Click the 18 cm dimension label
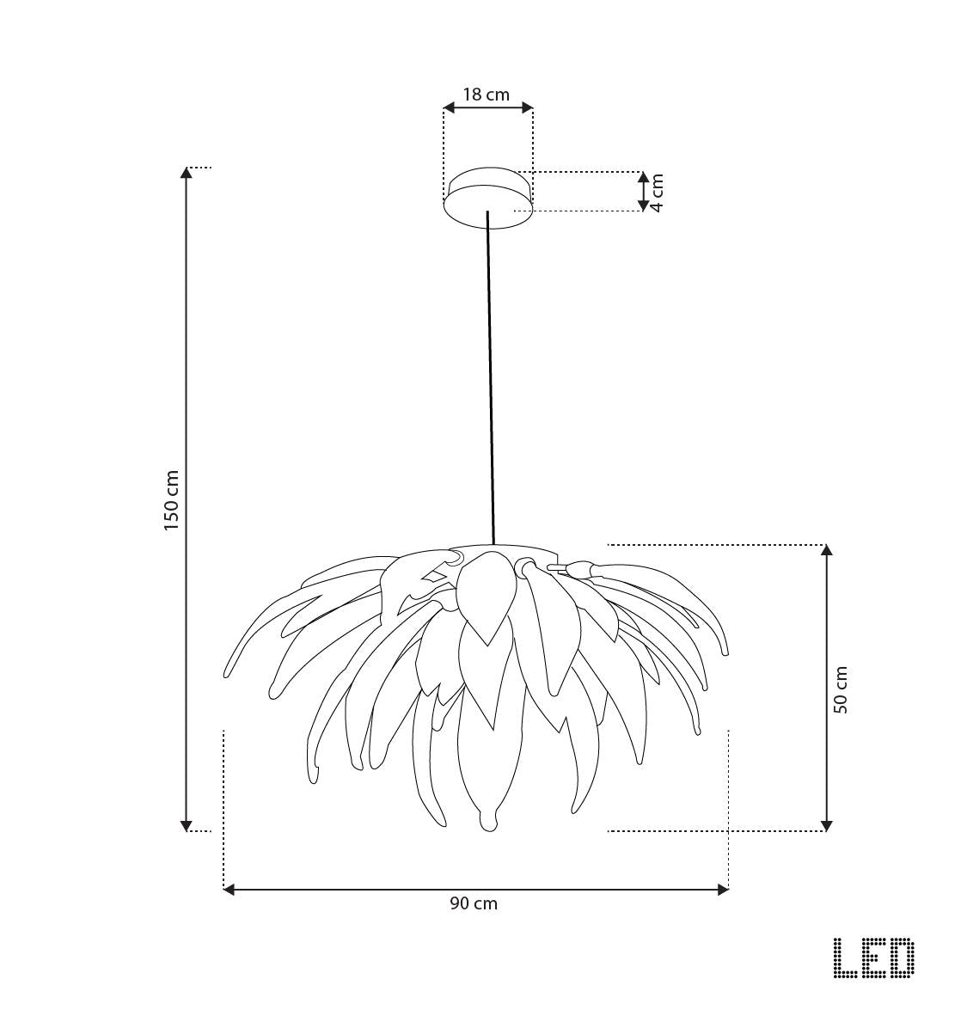click(x=487, y=95)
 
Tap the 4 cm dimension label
click(x=658, y=193)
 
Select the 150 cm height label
click(x=173, y=500)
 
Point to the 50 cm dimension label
click(x=841, y=689)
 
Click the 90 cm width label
click(x=474, y=903)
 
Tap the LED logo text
click(x=874, y=958)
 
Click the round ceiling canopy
click(x=487, y=197)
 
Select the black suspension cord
click(x=491, y=378)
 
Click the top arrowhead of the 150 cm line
click(x=187, y=173)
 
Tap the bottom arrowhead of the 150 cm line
click(x=187, y=826)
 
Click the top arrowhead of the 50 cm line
click(x=827, y=550)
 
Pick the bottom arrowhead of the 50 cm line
click(x=827, y=825)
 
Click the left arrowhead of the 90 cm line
click(x=229, y=890)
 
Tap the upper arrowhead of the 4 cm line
click(x=643, y=177)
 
